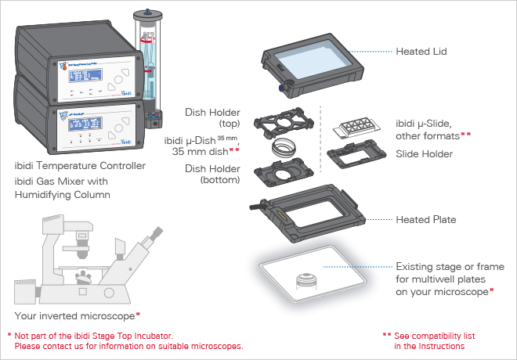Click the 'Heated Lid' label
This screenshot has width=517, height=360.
(x=424, y=52)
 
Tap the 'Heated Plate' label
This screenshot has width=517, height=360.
(x=426, y=221)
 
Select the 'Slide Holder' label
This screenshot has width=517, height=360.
(x=425, y=154)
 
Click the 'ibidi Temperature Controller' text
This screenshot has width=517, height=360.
(x=80, y=166)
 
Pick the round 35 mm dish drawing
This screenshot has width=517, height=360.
(x=283, y=147)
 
